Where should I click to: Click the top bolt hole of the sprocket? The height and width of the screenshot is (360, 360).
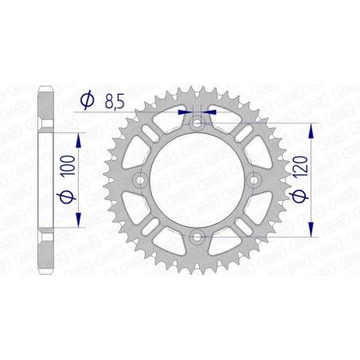(x=196, y=124)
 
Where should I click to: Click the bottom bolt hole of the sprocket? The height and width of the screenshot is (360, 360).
(x=196, y=235)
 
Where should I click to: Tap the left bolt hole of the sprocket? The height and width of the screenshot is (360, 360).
(x=141, y=180)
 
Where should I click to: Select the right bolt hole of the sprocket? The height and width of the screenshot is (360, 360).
(x=252, y=180)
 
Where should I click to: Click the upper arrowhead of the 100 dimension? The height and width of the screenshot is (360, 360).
(x=78, y=137)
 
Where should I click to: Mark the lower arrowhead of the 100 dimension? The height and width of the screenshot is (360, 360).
(x=78, y=225)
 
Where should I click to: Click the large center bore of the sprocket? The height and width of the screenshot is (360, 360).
(x=196, y=180)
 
